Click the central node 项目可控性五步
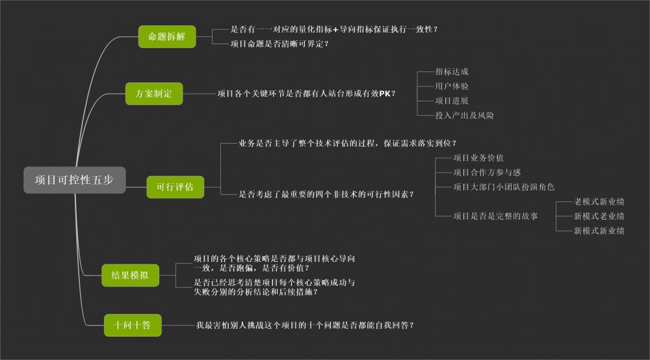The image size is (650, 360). (75, 181)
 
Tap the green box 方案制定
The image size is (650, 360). (154, 94)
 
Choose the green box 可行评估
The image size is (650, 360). (175, 187)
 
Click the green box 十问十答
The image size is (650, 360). (133, 325)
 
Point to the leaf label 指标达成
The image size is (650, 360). (452, 72)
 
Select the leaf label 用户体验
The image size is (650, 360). (452, 86)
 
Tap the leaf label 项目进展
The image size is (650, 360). (452, 101)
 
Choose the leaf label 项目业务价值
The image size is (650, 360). (478, 158)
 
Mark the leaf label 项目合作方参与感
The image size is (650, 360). (487, 172)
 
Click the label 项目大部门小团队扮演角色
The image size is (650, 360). (504, 187)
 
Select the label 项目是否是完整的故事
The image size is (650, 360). (495, 216)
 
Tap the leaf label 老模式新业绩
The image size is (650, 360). (599, 202)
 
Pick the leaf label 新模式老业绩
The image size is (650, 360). (599, 216)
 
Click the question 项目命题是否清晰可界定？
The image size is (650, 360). (279, 44)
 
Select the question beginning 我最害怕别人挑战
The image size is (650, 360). (305, 324)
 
